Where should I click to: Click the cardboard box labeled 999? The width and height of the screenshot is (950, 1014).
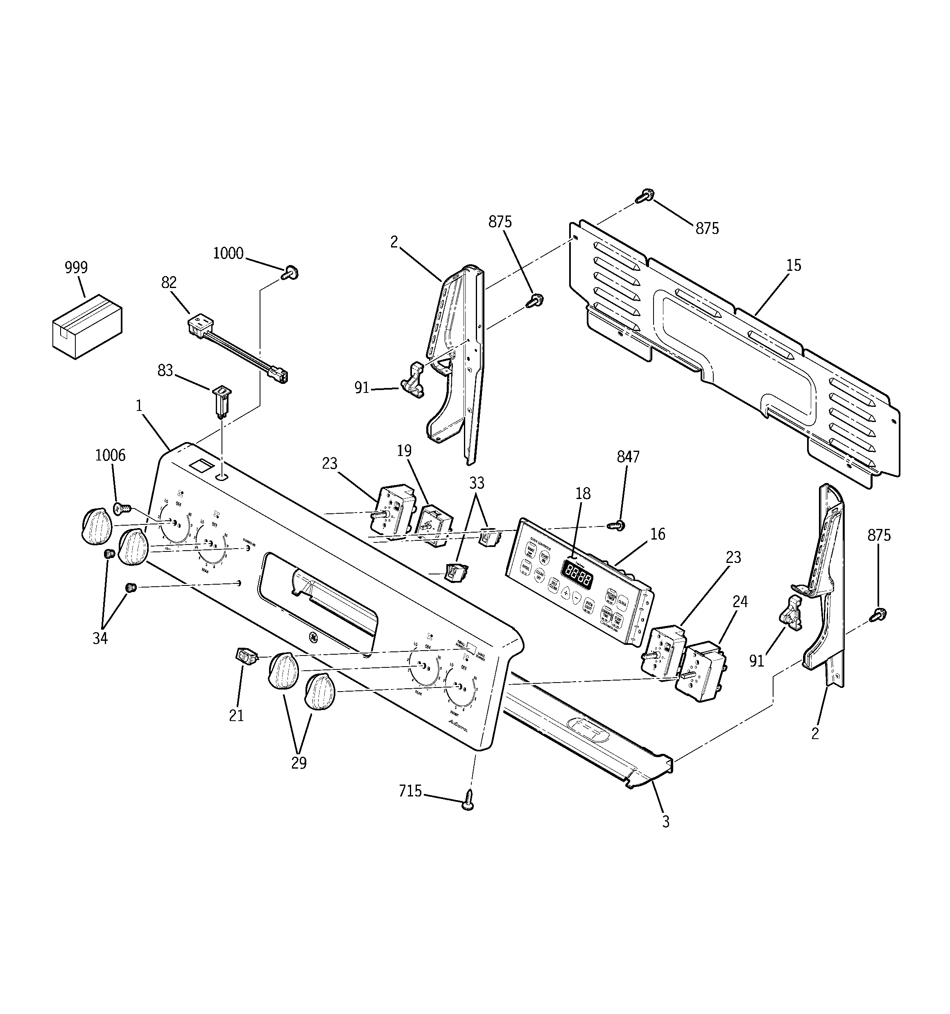tap(87, 326)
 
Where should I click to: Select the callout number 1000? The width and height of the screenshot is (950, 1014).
tap(228, 254)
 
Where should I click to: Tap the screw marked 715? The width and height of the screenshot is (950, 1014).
tap(468, 804)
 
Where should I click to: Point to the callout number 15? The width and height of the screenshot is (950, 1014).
tap(794, 265)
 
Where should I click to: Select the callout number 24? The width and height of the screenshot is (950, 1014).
tap(740, 602)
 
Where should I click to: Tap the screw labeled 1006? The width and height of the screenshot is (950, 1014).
tap(121, 508)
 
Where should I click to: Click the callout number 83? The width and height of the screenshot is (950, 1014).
tap(165, 370)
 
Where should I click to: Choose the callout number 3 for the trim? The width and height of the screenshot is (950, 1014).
tap(665, 822)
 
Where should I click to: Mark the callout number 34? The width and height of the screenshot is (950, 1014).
tap(100, 638)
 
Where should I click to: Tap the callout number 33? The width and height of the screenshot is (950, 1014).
tap(476, 483)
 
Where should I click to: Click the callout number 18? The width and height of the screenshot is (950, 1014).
tap(583, 494)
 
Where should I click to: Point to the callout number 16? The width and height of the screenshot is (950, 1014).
tap(658, 534)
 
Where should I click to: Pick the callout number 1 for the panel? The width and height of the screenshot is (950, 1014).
tap(139, 406)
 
